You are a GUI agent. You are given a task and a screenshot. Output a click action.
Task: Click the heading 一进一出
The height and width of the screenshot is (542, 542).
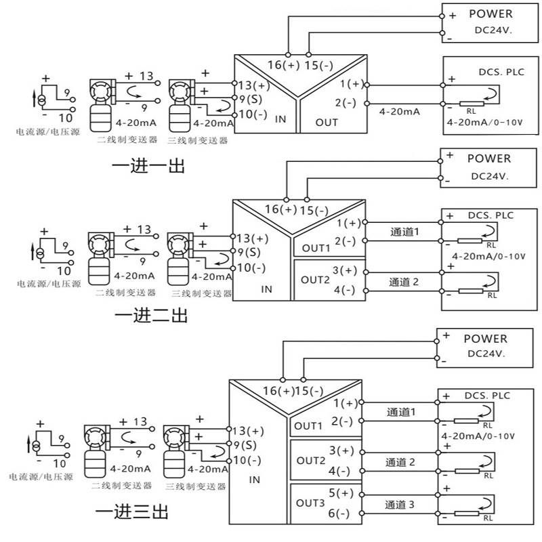(x=148, y=166)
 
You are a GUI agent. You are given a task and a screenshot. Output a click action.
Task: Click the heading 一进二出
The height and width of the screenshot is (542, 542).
(x=151, y=315)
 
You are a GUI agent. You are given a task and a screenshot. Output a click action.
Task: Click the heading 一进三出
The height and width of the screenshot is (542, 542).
(x=131, y=512)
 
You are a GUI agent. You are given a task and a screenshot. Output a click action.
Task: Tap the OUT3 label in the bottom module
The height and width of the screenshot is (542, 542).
(x=310, y=503)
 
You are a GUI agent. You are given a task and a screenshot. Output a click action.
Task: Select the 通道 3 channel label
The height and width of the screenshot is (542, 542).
(x=400, y=505)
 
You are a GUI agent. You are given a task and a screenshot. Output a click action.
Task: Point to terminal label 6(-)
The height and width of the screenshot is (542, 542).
(x=339, y=514)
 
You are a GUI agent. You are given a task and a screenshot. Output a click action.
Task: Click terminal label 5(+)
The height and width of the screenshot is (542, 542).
(x=341, y=493)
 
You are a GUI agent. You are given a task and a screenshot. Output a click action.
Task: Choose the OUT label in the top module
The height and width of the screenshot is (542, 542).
(x=327, y=123)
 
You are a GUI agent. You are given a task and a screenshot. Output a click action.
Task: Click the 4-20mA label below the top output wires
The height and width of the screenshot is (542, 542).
(x=399, y=112)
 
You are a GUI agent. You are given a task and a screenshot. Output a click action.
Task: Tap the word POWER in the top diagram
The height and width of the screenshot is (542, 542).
(x=491, y=14)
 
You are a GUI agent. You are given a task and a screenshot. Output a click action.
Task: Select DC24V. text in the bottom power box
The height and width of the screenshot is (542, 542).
(x=486, y=354)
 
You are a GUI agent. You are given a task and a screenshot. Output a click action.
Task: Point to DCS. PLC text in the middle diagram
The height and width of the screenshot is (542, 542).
(x=491, y=215)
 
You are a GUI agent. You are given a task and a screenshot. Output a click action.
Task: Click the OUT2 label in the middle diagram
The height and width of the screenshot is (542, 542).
(x=315, y=280)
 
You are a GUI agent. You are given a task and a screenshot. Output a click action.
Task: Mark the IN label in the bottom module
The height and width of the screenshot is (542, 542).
(x=255, y=480)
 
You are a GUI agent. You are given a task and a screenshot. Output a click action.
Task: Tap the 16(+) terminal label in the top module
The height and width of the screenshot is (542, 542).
(x=284, y=64)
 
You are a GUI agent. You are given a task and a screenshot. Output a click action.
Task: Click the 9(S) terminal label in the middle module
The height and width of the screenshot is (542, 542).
(x=249, y=252)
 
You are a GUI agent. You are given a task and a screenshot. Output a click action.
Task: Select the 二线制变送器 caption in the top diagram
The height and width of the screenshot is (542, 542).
(x=127, y=140)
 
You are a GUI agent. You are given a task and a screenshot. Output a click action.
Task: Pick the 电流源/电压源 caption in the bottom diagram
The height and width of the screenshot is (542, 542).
(x=41, y=477)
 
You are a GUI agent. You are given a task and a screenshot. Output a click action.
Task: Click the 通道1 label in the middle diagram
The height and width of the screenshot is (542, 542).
(x=404, y=232)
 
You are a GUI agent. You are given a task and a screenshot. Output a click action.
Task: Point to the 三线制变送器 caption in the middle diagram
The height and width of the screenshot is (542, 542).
(x=201, y=293)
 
